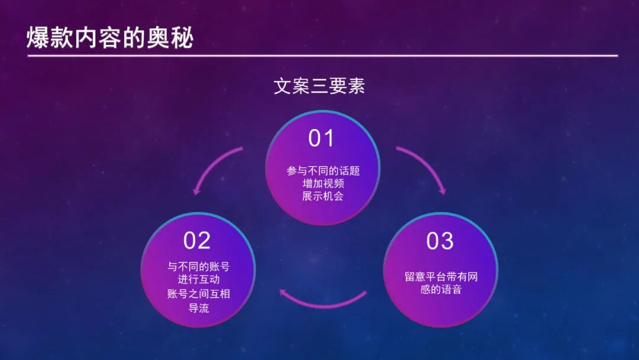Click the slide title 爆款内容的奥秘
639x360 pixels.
[x=110, y=38]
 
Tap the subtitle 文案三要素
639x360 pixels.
[x=319, y=86]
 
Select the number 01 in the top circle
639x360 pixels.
[x=321, y=138]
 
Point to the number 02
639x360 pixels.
[x=197, y=240]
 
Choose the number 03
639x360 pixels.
[x=440, y=240]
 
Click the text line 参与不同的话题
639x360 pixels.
[x=323, y=171]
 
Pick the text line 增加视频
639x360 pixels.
[x=323, y=184]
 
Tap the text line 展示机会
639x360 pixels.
[x=323, y=196]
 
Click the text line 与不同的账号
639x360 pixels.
[x=198, y=266]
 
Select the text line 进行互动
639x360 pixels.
[x=198, y=279]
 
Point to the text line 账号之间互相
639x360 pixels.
[x=198, y=293]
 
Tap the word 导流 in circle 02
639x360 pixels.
[x=198, y=307]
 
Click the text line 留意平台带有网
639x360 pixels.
[x=441, y=277]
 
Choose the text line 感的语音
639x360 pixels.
[x=441, y=290]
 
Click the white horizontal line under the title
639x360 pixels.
[x=322, y=56]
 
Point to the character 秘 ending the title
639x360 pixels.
[x=182, y=38]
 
